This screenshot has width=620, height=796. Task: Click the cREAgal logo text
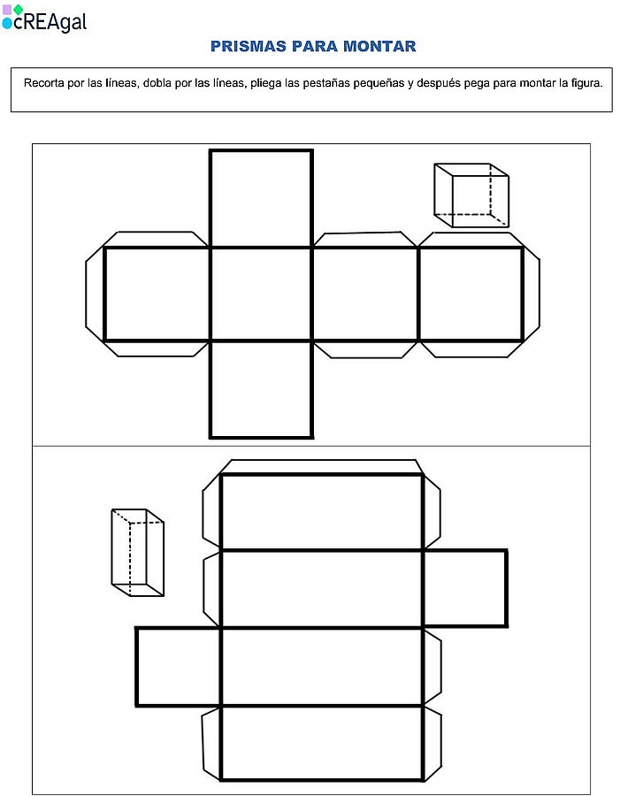(x=50, y=22)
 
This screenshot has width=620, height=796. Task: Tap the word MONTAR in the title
(x=379, y=46)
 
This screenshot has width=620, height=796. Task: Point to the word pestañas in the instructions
(x=327, y=83)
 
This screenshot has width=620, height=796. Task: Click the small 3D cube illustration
(x=471, y=195)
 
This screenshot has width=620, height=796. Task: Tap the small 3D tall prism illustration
(x=138, y=552)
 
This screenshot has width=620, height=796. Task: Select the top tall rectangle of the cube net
(x=261, y=198)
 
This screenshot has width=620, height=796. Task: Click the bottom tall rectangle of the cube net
(x=261, y=389)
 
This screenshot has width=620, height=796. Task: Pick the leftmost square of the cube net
(x=157, y=294)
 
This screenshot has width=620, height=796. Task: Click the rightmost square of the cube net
(x=471, y=294)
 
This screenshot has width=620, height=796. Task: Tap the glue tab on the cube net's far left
(x=95, y=294)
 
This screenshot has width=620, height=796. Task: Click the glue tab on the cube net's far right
(x=532, y=294)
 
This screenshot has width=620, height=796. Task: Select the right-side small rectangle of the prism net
(x=464, y=588)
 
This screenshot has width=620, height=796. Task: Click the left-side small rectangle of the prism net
(x=179, y=667)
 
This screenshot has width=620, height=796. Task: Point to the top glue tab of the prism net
(x=321, y=466)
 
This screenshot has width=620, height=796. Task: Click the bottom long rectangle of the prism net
(x=321, y=743)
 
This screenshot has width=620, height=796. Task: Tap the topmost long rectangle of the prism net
(x=321, y=512)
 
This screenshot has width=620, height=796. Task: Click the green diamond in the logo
(x=19, y=10)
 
